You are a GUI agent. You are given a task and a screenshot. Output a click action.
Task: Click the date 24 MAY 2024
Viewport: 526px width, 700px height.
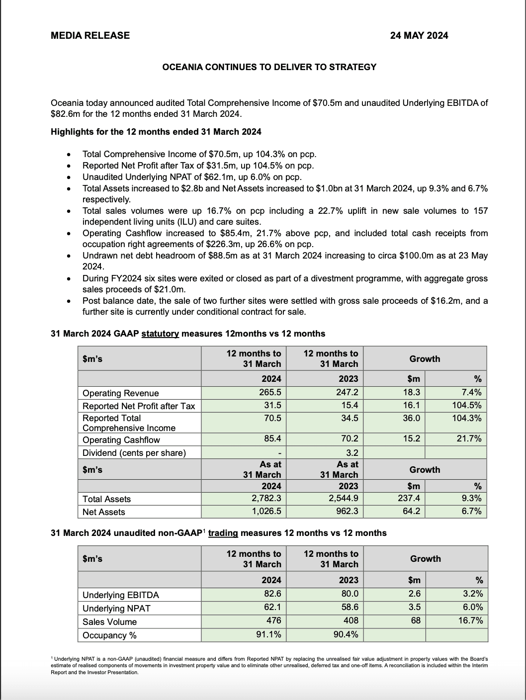tap(419, 35)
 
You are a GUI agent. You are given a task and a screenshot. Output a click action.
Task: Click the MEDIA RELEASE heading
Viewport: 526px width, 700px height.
tap(90, 35)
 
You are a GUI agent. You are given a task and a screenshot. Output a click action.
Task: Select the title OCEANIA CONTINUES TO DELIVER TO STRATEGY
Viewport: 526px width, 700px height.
tap(269, 67)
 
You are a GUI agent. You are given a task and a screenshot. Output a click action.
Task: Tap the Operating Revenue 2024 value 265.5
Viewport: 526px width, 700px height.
tap(270, 392)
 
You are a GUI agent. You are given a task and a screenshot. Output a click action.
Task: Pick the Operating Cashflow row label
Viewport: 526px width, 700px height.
tap(121, 440)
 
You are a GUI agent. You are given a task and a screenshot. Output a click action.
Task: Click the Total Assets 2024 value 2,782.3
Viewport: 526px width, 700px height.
tap(266, 499)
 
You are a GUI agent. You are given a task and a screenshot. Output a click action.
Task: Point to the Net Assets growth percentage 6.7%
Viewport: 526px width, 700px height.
tap(472, 511)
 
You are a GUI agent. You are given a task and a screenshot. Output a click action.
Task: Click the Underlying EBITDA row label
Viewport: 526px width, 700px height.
tap(121, 595)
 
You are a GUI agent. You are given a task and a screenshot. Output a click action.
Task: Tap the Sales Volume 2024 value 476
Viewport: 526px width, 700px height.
tap(273, 620)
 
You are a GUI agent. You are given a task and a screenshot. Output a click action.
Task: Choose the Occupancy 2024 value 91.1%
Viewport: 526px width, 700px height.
tap(269, 634)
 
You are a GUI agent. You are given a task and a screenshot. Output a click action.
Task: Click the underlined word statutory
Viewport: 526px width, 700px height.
tap(160, 334)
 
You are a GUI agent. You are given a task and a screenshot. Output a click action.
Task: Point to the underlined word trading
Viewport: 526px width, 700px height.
tap(223, 533)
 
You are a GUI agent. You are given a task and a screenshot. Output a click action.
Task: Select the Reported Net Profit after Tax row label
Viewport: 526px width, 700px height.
tap(139, 406)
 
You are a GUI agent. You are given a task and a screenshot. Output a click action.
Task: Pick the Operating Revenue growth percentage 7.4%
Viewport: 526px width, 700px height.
tap(472, 392)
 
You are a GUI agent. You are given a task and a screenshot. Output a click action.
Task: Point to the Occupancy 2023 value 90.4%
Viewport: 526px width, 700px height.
tap(346, 634)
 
